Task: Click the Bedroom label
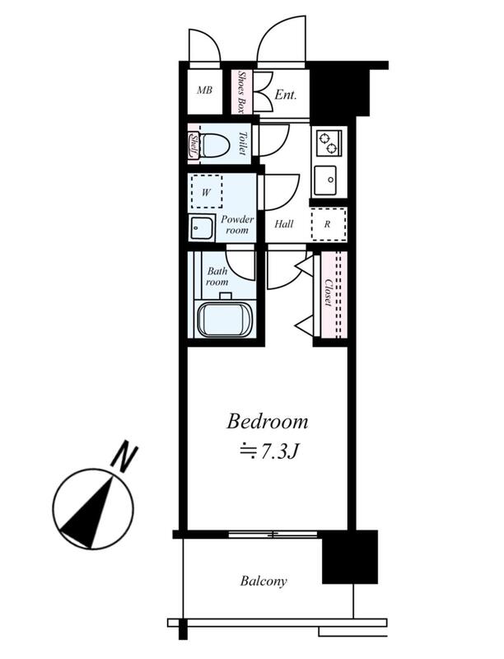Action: point(268,422)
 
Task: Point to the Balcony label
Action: point(264,582)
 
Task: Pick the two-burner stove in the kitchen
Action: point(329,143)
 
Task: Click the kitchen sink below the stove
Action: point(325,180)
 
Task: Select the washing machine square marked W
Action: point(206,192)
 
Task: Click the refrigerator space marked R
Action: point(329,224)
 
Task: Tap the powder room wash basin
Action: point(201,228)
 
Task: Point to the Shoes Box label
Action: point(241,92)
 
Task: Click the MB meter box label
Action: point(204,90)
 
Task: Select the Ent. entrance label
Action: point(285,95)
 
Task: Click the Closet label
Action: point(329,293)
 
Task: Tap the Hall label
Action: point(284,224)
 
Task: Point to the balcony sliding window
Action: point(273,535)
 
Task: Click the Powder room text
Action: point(237,225)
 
